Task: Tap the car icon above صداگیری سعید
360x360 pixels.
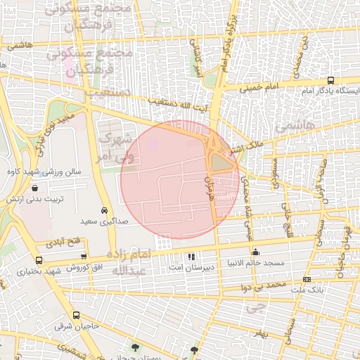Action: (x=104, y=210)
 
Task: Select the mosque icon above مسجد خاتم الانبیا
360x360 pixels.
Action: (x=255, y=252)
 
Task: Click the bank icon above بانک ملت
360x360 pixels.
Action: (x=326, y=279)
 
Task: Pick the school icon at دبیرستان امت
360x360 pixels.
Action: (x=191, y=255)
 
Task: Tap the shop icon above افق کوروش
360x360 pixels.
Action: (x=84, y=257)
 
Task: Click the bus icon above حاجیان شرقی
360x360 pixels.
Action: (x=75, y=316)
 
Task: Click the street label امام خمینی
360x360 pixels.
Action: (x=259, y=88)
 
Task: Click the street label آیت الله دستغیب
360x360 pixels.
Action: (x=180, y=108)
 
